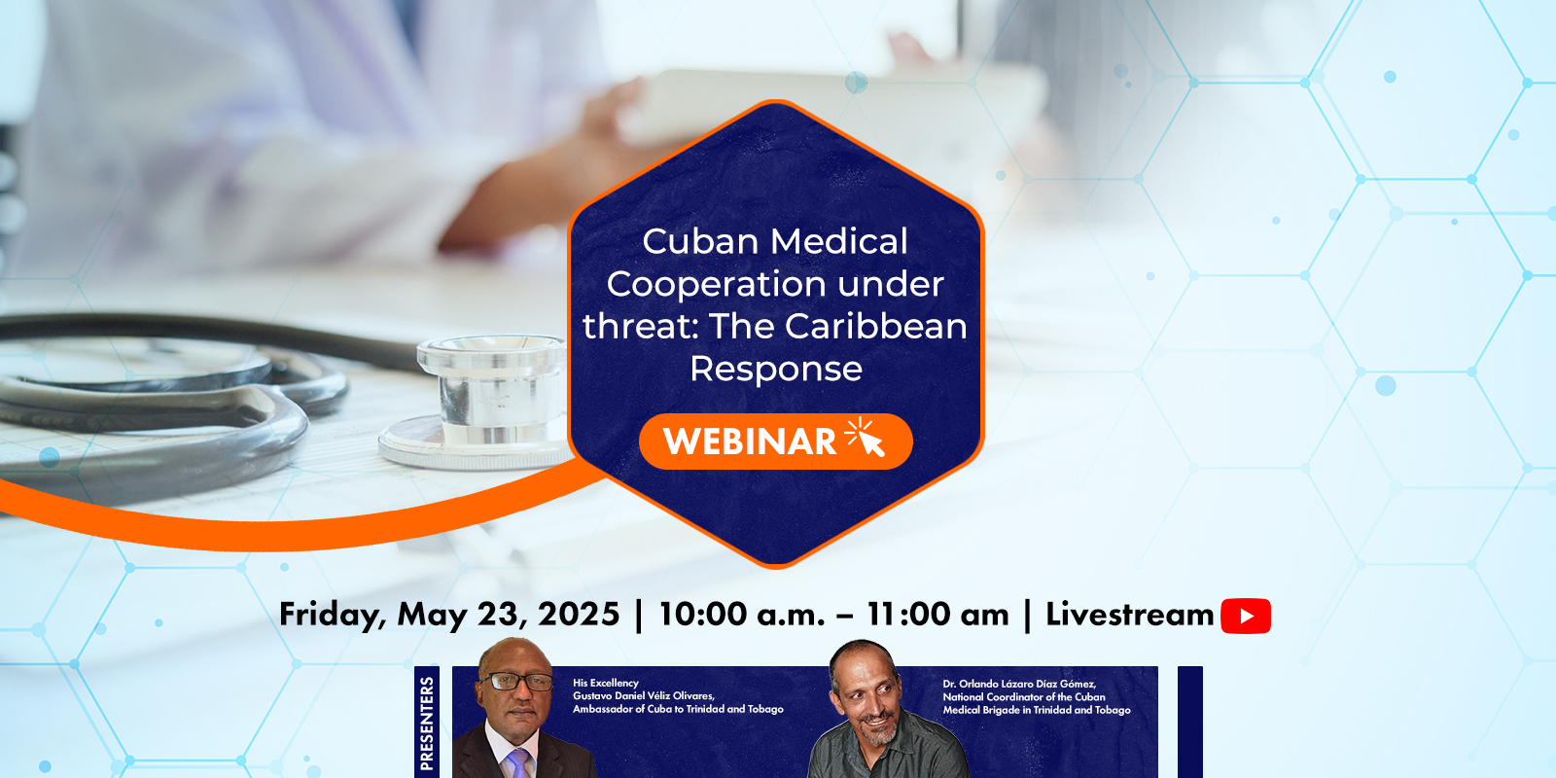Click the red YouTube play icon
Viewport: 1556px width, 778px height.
coord(1246,616)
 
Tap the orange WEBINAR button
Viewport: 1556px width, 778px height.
coord(775,442)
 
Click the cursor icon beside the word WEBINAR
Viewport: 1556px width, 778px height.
coord(865,437)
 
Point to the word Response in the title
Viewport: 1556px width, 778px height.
coord(776,369)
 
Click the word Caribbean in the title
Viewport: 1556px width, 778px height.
coord(875,326)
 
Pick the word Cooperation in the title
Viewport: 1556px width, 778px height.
coord(716,284)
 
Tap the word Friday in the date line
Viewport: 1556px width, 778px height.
coord(333,615)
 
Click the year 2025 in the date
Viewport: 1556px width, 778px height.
coord(578,614)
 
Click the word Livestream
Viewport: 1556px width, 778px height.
coord(1129,614)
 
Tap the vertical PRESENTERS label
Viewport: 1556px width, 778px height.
coord(427,724)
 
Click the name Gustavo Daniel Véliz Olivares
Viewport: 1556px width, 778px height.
coord(643,695)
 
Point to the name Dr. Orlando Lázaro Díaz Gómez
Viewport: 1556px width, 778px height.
coord(1018,685)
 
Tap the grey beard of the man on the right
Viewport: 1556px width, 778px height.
coord(876,730)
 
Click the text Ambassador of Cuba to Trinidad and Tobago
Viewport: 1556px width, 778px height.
coord(678,709)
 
